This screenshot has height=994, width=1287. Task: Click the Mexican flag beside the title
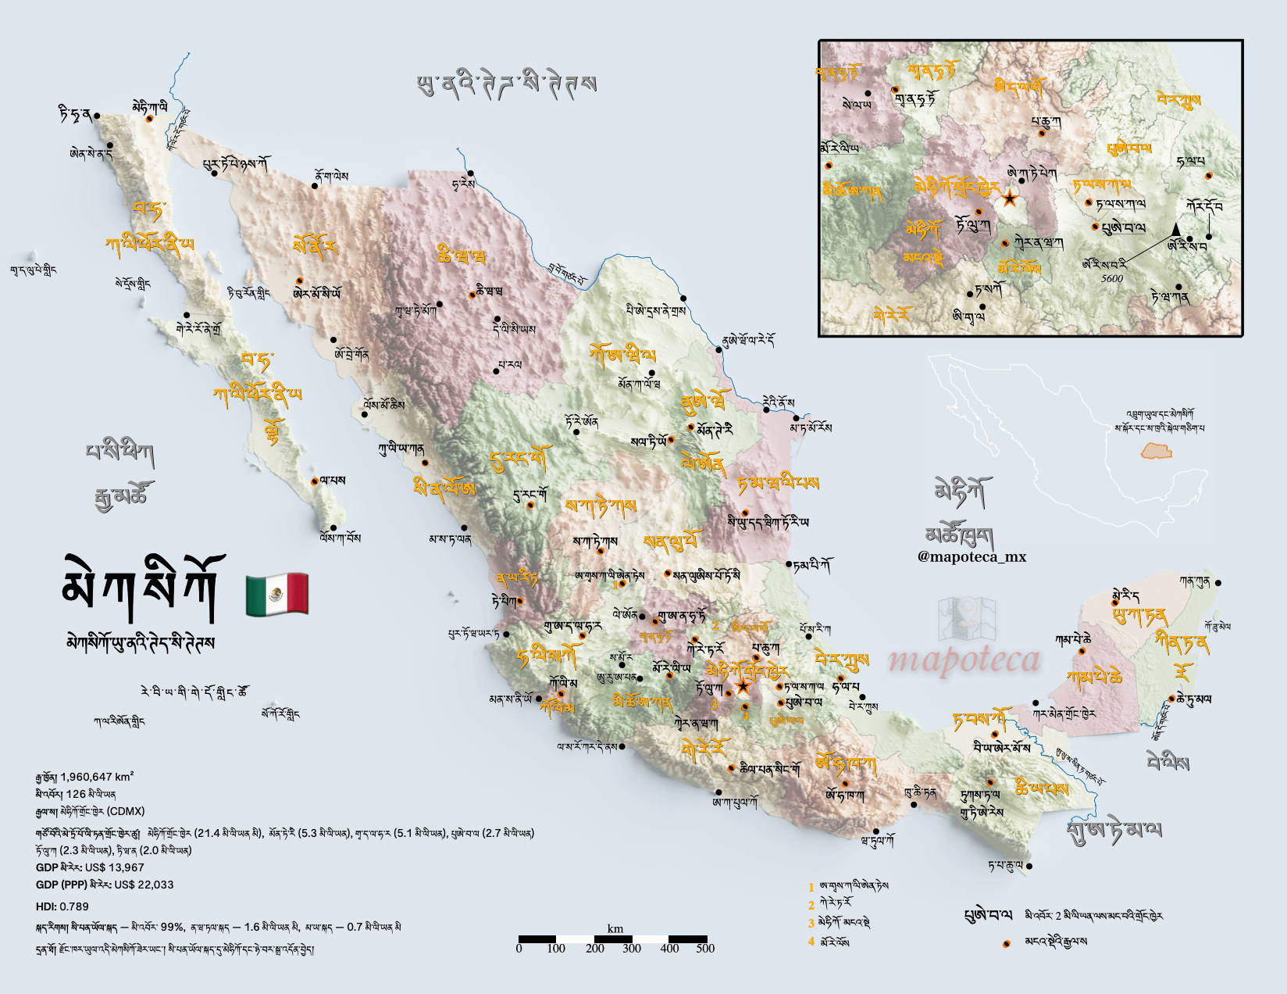point(276,594)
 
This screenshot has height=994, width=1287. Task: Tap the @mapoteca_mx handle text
point(971,557)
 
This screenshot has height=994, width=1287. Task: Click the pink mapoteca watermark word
point(964,660)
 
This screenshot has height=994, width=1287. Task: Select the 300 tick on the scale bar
point(632,949)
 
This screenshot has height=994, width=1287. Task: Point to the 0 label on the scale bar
point(519,949)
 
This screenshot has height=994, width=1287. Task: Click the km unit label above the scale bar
point(615,928)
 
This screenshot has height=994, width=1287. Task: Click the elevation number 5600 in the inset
point(1111,278)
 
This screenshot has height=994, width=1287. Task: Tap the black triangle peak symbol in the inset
point(1176,228)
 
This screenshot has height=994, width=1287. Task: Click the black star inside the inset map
point(1010,198)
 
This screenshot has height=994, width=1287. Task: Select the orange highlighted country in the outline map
point(1156,451)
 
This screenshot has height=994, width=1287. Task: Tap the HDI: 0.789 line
point(62,906)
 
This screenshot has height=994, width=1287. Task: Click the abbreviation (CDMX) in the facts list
point(126,811)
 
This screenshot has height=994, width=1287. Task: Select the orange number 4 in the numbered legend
point(811,942)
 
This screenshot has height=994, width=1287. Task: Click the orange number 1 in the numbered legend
point(811,887)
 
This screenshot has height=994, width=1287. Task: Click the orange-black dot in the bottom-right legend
point(1006,944)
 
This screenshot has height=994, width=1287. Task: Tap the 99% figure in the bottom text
point(173,928)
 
